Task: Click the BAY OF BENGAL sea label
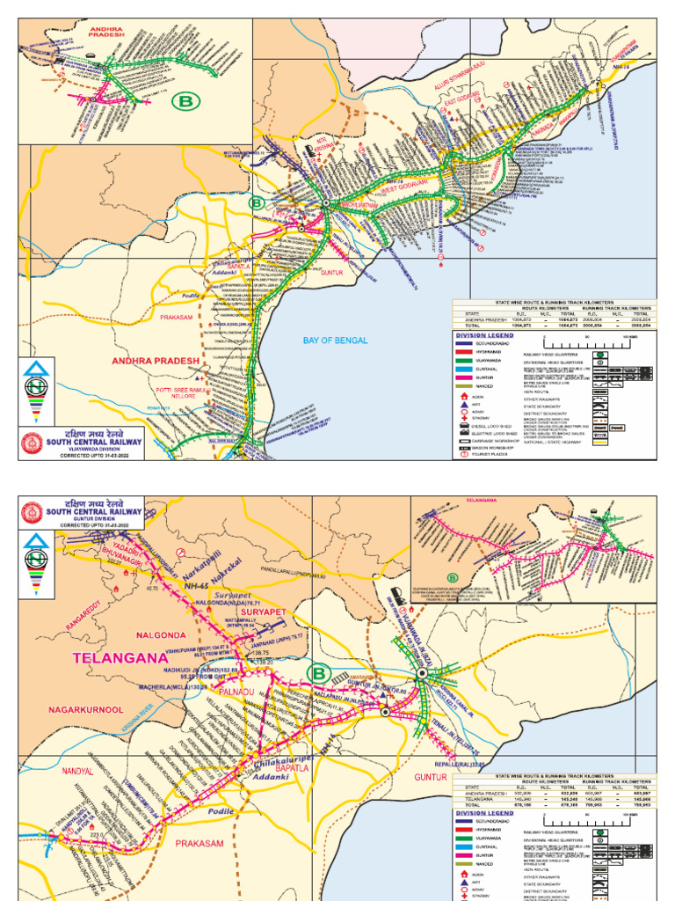point(335,340)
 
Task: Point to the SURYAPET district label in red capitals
point(265,610)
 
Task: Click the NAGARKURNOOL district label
point(86,708)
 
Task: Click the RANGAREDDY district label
point(89,615)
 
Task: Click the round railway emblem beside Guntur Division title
point(32,510)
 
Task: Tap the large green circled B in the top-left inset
point(186,102)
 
